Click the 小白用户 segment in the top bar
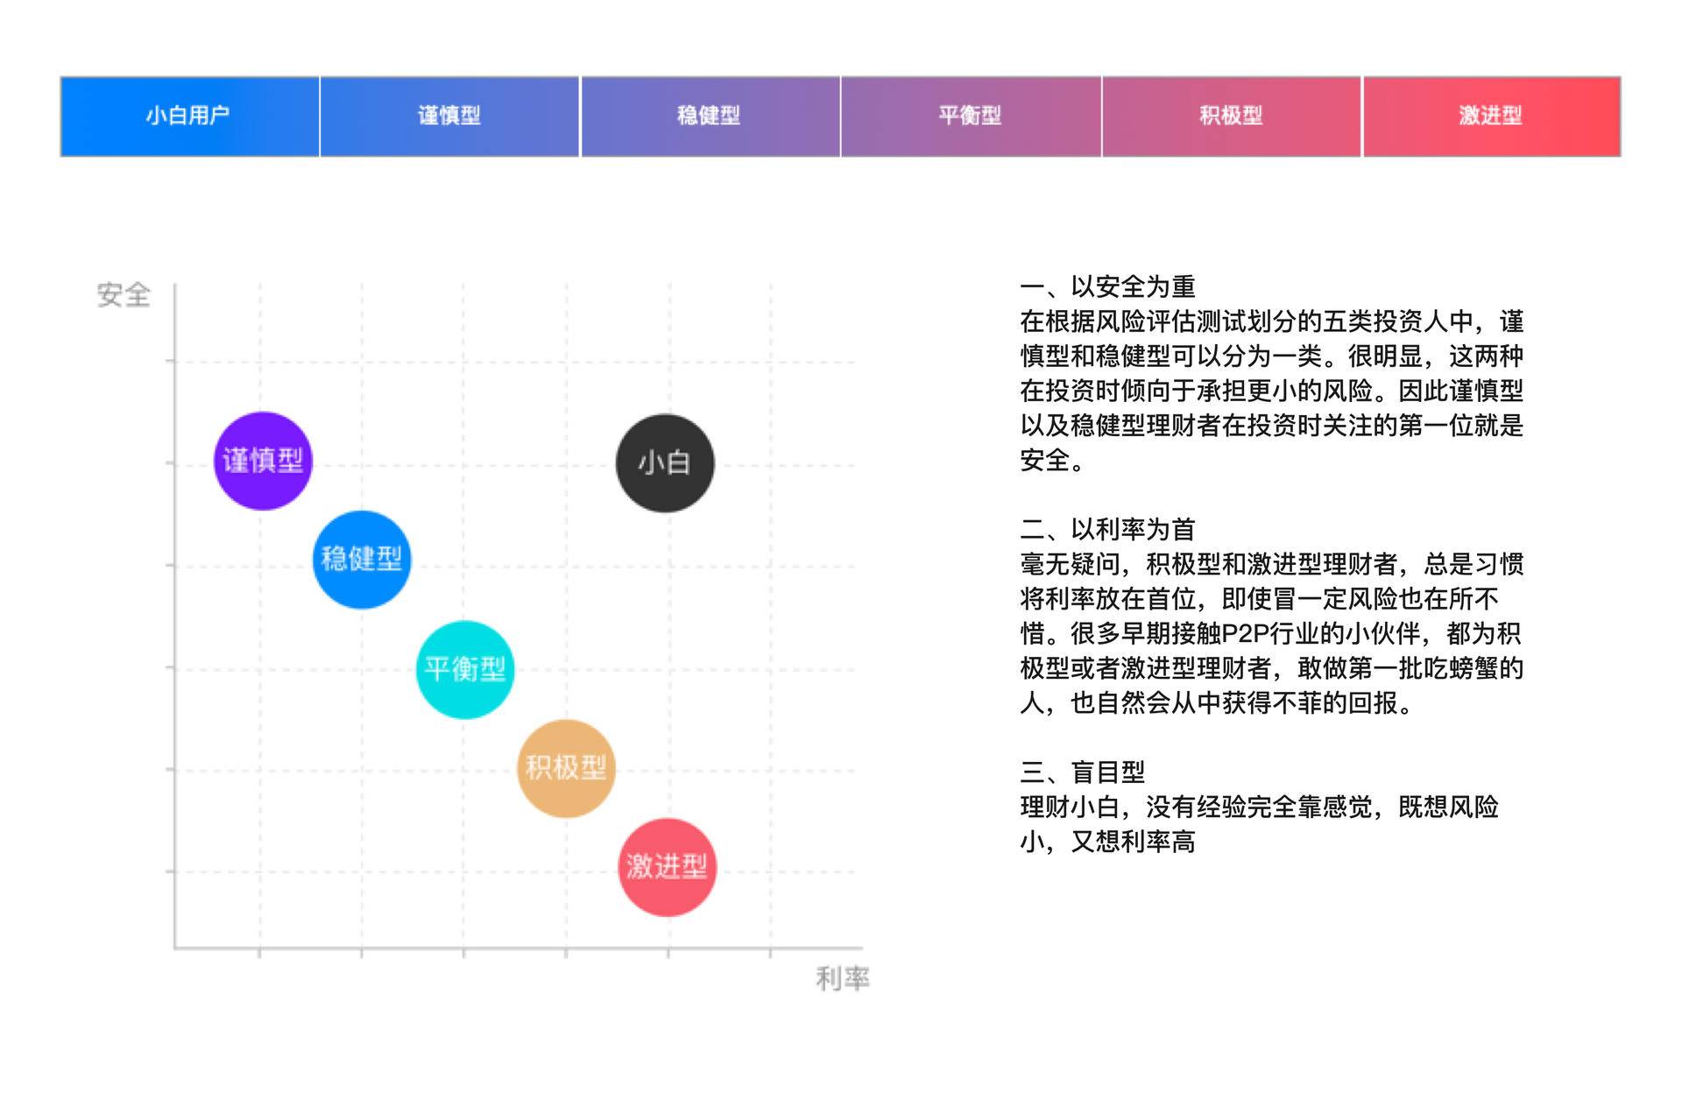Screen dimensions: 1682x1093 click(x=189, y=116)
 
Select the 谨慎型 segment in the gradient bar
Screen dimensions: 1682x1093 click(x=449, y=116)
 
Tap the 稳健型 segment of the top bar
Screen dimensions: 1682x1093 click(x=710, y=116)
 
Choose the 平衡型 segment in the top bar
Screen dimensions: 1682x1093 click(x=971, y=116)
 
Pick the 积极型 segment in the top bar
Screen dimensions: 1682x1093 click(x=1231, y=116)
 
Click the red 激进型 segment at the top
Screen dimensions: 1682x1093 click(x=1491, y=116)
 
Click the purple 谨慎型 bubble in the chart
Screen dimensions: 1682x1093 click(x=263, y=461)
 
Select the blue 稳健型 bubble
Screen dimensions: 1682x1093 click(x=362, y=560)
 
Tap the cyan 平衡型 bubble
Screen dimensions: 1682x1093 click(x=465, y=670)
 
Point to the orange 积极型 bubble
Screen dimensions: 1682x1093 click(x=566, y=769)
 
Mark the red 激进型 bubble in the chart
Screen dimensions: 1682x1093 click(x=668, y=868)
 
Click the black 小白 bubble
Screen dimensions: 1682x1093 click(x=665, y=463)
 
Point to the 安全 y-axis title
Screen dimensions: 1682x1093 click(x=124, y=295)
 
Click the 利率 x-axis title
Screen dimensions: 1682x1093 click(x=843, y=978)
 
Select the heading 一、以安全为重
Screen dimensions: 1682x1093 click(x=1107, y=287)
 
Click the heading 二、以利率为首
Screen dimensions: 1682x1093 click(x=1107, y=530)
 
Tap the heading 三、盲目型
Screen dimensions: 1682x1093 click(x=1083, y=772)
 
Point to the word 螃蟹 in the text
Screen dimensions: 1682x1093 click(x=1473, y=669)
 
